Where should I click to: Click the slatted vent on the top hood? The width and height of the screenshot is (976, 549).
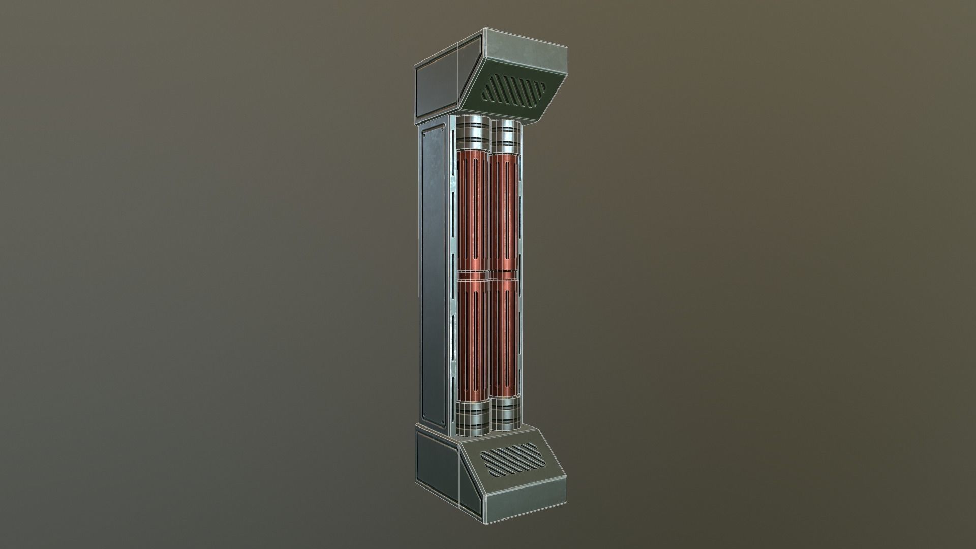tap(514, 90)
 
